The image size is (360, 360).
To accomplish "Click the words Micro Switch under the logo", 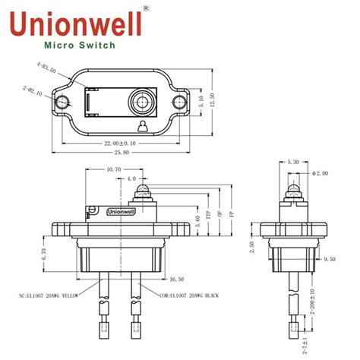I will tap(81, 45).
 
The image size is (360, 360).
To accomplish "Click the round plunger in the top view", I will tap(141, 102).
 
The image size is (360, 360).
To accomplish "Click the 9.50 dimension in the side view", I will tap(329, 258).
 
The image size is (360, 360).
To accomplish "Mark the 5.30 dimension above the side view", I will tap(293, 162).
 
